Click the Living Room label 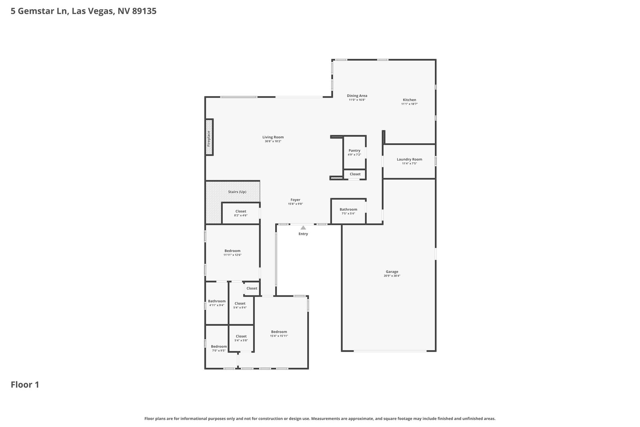(273, 137)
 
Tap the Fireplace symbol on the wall (209, 137)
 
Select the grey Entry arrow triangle (303, 228)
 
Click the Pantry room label (354, 150)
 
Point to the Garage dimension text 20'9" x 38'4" (392, 276)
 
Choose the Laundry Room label (409, 160)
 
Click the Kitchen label (409, 100)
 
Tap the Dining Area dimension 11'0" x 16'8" (357, 100)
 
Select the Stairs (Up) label (237, 192)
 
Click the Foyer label (295, 200)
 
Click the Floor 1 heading (25, 385)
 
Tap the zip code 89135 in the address (144, 11)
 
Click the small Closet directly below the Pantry (355, 174)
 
